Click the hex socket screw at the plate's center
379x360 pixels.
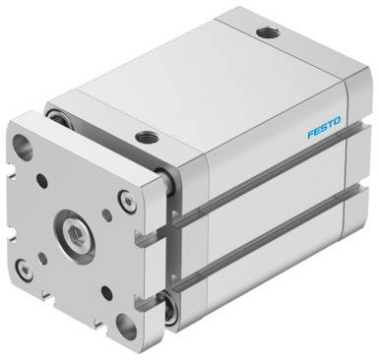(x=77, y=235)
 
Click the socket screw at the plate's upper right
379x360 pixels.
(x=127, y=202)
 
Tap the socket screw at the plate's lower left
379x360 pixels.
(x=26, y=270)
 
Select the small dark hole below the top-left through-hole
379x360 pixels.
(x=42, y=181)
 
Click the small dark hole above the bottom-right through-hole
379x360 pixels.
(x=106, y=293)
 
